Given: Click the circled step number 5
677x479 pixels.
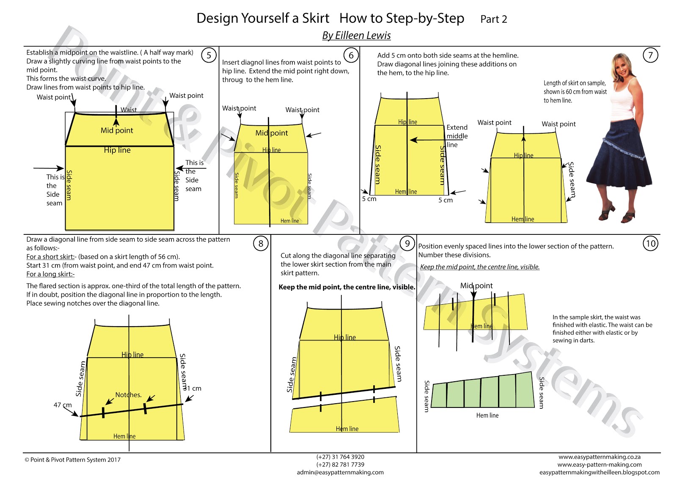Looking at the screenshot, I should point(209,55).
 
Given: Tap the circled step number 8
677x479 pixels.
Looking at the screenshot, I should point(261,243).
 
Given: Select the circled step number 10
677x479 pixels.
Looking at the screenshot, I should point(650,243).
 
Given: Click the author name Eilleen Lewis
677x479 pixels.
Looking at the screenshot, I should point(356,36).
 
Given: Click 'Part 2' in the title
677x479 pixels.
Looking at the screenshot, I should point(493,19).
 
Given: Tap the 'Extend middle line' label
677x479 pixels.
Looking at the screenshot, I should point(457,136).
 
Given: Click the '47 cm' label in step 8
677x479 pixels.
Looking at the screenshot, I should point(63,405).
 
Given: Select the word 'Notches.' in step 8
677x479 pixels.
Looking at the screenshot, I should point(128,395).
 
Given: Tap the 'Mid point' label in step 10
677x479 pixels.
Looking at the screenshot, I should point(476,286).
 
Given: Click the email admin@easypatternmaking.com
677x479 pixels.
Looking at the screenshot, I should point(340,472).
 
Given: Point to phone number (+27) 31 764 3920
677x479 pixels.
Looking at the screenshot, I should point(340,457).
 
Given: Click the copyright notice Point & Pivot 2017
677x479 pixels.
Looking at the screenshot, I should point(72,460).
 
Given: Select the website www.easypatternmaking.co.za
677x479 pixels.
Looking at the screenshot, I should point(599,457).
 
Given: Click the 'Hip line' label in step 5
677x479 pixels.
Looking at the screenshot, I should point(117,150).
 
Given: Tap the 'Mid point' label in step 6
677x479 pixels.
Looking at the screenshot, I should point(271,133).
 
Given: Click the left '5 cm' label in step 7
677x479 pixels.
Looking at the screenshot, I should point(369,199).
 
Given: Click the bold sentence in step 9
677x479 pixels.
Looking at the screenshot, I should point(347,287).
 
